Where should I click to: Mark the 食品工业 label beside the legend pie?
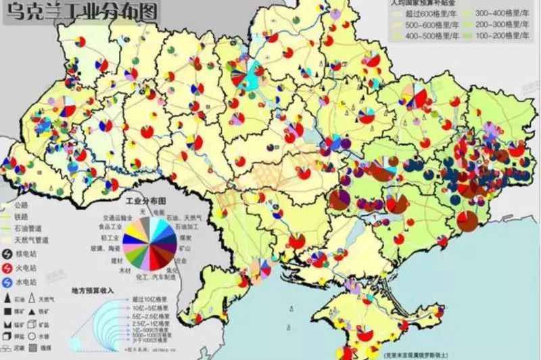click(112, 228)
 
